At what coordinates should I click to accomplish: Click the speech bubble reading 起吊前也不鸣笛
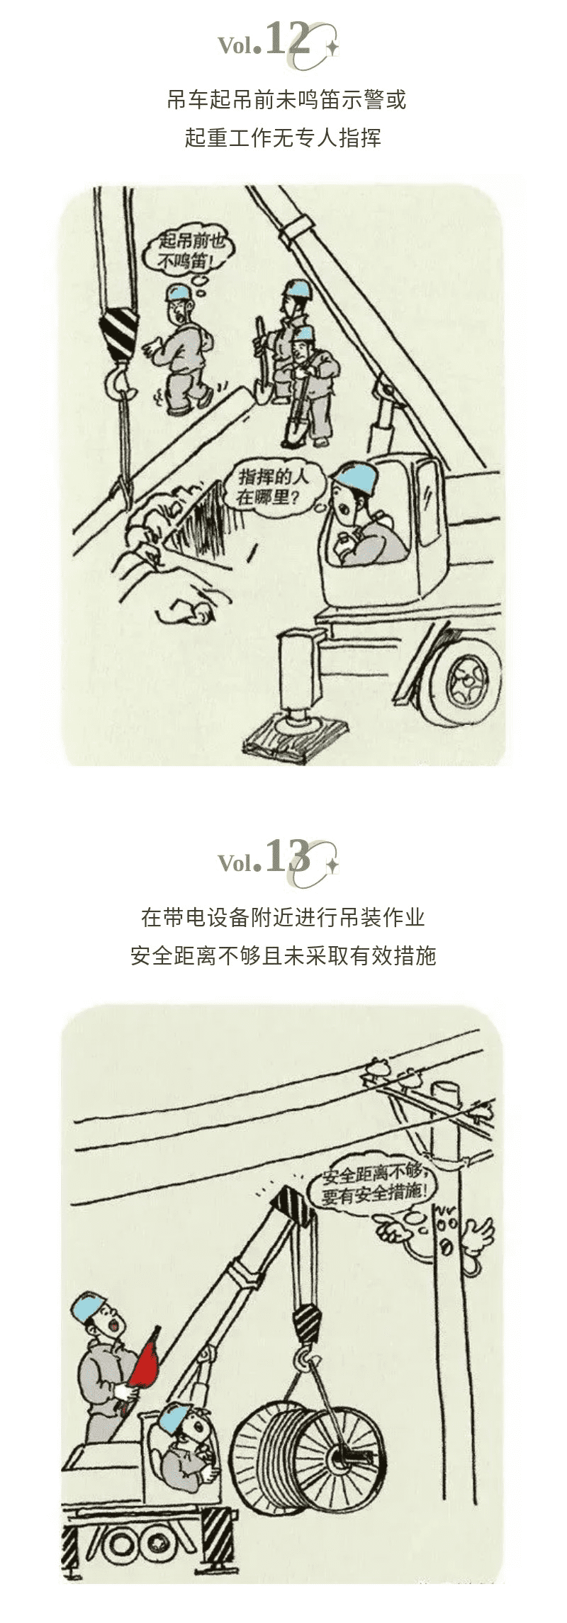point(186,253)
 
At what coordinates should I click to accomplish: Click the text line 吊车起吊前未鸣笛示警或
point(287,100)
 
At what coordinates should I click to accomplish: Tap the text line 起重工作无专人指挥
point(283,137)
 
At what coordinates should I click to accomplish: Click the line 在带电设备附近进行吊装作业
point(283,917)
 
